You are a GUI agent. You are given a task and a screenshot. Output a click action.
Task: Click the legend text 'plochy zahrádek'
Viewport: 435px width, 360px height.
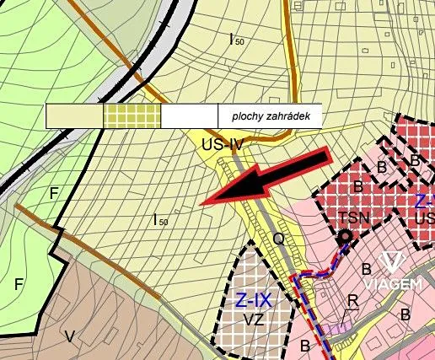(x=268, y=116)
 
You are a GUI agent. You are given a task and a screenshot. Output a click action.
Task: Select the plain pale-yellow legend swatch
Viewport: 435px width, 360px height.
(x=74, y=116)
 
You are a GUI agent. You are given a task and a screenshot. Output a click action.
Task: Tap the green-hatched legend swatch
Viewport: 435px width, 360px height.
(x=132, y=116)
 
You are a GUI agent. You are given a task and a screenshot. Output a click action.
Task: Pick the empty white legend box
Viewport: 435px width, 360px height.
(x=189, y=116)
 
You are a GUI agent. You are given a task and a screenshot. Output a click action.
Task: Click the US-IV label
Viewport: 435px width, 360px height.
(x=223, y=144)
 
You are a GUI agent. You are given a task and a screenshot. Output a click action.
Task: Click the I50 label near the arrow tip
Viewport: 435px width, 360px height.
(x=160, y=221)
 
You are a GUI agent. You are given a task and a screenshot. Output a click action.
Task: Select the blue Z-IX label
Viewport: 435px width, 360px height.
(x=252, y=300)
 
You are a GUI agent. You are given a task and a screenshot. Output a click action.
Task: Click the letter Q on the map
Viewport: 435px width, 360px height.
(x=278, y=239)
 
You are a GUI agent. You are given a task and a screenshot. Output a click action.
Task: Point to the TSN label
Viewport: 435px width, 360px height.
(x=354, y=217)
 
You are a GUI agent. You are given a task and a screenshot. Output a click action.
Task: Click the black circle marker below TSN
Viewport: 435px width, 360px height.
(x=344, y=238)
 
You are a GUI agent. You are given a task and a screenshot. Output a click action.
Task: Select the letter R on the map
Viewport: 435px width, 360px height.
(x=353, y=300)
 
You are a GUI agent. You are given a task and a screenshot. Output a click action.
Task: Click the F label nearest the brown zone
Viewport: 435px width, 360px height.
(x=19, y=284)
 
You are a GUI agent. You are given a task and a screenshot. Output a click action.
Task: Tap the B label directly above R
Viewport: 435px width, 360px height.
(x=366, y=270)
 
